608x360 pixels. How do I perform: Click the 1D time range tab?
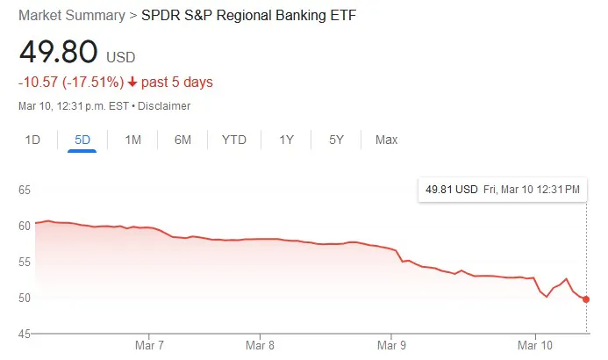point(32,140)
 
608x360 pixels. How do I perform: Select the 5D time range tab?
point(82,140)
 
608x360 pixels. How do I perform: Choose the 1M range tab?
point(133,140)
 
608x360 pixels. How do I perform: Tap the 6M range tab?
point(182,140)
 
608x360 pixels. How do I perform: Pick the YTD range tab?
point(234,140)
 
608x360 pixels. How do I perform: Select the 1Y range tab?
point(287,140)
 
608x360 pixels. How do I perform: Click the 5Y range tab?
point(336,140)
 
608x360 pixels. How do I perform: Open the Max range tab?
point(386,140)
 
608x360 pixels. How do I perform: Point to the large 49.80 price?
point(58,51)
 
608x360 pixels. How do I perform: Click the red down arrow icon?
point(132,83)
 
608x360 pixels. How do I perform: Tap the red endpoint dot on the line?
point(586,299)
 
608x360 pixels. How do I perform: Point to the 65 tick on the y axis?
point(25,190)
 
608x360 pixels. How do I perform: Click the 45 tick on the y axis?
point(25,334)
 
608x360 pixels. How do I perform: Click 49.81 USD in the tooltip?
point(451,190)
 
